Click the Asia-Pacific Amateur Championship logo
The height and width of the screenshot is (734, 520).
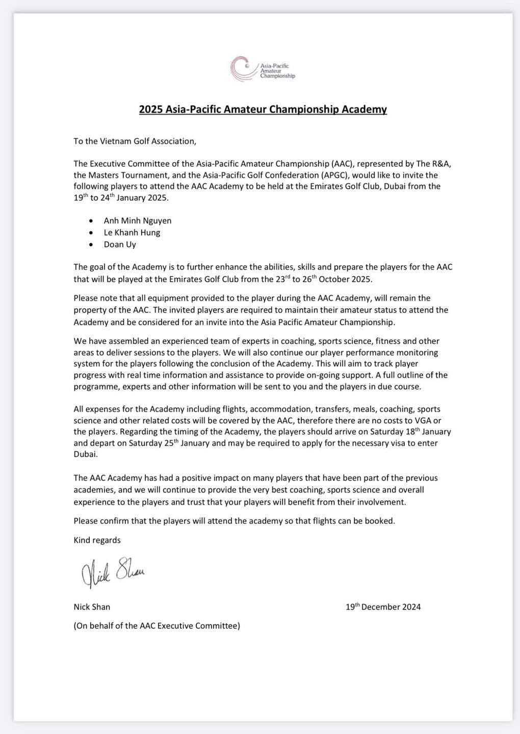point(262,69)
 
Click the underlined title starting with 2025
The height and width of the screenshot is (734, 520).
point(263,110)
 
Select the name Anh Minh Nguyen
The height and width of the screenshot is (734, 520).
point(138,221)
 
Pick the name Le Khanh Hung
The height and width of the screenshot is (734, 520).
point(132,232)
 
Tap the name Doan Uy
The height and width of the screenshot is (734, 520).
point(120,244)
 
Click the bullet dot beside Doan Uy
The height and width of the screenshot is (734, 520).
point(91,245)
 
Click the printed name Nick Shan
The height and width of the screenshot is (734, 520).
point(92,607)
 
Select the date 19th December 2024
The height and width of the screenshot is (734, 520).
point(383,607)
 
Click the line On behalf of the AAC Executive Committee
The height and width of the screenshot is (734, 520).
point(157,626)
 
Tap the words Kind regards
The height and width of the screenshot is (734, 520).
point(97,540)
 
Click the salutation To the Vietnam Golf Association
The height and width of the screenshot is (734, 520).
point(135,141)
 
